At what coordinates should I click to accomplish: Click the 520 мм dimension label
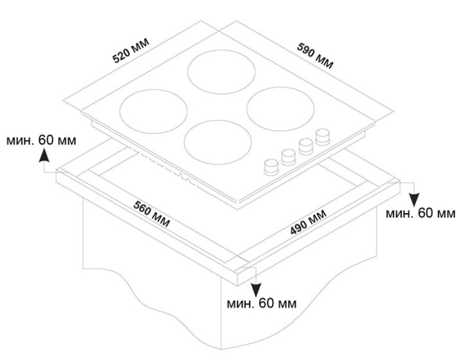131,50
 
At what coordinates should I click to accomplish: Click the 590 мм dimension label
315,56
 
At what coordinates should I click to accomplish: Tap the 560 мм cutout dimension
152,214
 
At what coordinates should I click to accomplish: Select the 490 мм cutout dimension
308,222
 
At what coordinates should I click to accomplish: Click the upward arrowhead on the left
44,155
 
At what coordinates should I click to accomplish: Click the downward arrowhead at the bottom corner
256,289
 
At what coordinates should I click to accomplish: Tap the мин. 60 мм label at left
41,140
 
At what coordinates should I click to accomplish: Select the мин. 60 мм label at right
420,213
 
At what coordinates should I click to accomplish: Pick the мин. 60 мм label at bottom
261,303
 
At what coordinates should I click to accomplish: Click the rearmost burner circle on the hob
222,72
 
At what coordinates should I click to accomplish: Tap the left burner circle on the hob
153,111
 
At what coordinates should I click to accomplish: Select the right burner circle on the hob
280,109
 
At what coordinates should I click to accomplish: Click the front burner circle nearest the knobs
218,142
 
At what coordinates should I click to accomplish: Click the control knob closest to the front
271,167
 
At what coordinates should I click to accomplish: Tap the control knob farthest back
322,137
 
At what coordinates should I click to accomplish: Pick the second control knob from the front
288,157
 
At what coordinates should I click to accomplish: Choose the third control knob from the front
306,147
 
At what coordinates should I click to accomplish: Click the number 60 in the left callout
46,140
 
